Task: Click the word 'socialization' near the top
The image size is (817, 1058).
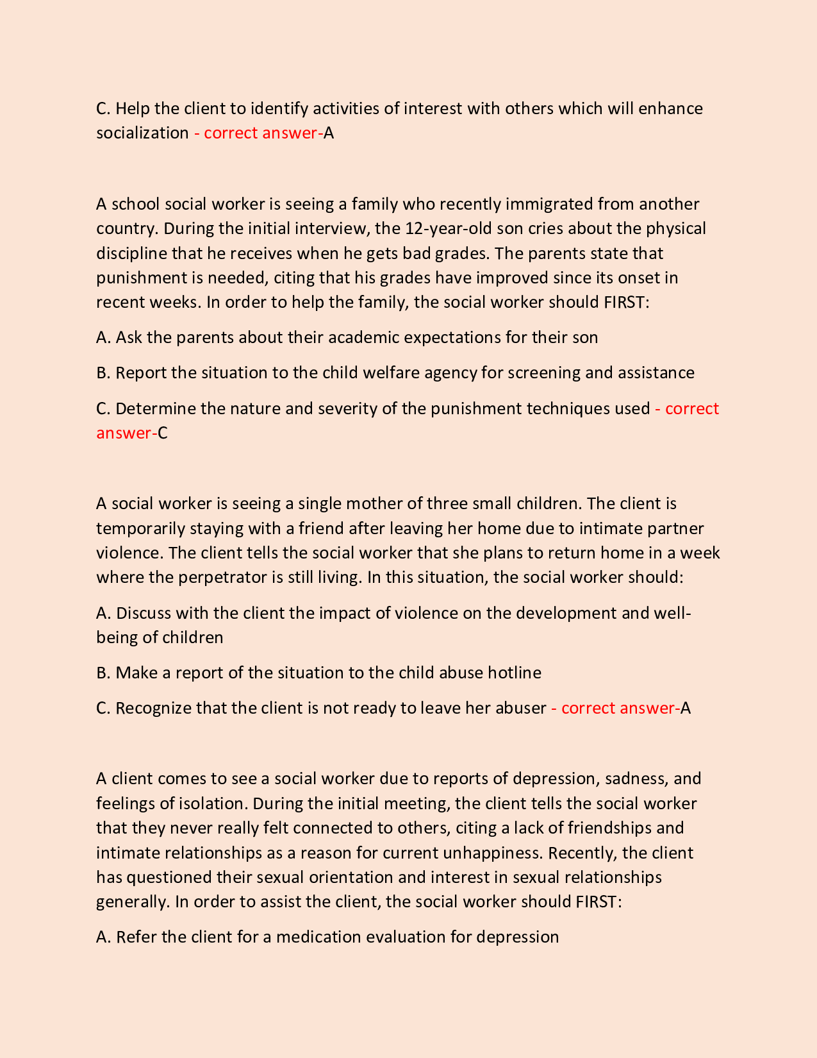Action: (x=142, y=133)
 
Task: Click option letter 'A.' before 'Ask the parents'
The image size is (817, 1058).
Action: (x=104, y=337)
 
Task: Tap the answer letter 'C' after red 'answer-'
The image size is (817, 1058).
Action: (x=163, y=433)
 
